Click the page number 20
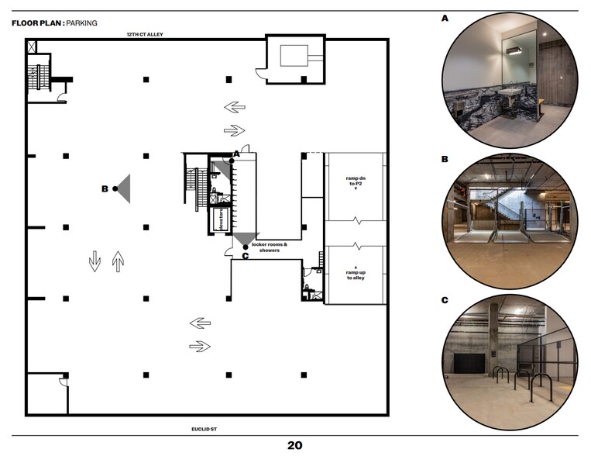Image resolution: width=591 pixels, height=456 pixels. click(294, 445)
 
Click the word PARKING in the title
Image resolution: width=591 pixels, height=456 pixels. click(81, 23)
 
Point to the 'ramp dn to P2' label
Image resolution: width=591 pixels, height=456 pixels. click(356, 182)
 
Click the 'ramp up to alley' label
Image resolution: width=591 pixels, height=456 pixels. click(356, 273)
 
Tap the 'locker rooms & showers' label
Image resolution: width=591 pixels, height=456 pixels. click(270, 247)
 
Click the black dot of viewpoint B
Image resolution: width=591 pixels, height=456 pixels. click(115, 188)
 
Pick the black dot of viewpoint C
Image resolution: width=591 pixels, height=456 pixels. click(246, 249)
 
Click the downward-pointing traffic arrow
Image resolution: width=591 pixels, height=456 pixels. click(94, 261)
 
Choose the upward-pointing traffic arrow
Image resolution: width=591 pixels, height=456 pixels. click(118, 261)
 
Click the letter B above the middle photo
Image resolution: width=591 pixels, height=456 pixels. click(445, 159)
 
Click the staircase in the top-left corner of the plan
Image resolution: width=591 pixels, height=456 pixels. click(33, 78)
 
